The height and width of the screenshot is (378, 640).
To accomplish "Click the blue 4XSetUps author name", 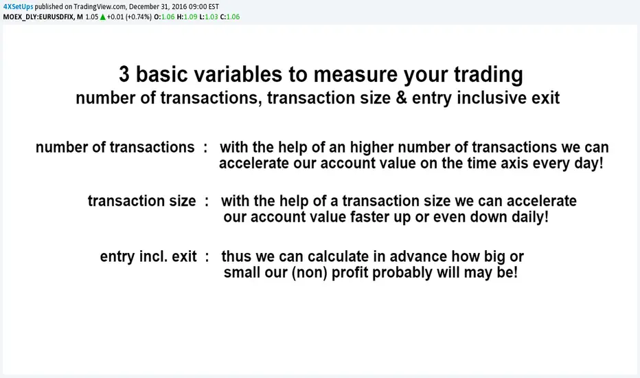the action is click(x=18, y=7).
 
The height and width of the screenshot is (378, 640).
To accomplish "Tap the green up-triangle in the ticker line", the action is click(x=102, y=17).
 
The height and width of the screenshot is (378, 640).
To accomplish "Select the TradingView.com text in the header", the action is click(x=100, y=7).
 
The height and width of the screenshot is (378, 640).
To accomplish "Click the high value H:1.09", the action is click(x=187, y=16).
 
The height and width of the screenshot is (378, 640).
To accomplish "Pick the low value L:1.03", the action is click(x=209, y=16).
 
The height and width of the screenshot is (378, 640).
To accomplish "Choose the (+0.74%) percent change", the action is click(x=138, y=16).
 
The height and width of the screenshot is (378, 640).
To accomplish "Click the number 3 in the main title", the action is click(x=124, y=74).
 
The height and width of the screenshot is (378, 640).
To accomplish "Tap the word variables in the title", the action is click(x=238, y=74).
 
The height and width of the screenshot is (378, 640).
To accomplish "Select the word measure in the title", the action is click(x=355, y=75).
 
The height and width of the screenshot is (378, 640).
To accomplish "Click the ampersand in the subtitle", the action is click(x=401, y=98).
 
